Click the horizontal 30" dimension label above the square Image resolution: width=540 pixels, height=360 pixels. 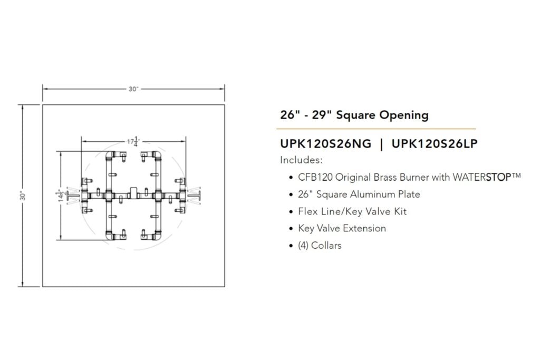133,89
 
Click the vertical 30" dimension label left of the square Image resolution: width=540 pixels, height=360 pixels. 24,196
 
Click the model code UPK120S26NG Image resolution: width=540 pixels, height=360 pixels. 326,143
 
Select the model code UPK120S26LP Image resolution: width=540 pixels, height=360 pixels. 435,143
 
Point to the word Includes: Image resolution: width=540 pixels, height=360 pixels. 301,160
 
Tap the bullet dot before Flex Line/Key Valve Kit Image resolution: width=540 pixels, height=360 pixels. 292,211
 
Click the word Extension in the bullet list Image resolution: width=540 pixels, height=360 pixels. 364,228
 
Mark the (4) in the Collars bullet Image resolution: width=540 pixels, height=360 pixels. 303,245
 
